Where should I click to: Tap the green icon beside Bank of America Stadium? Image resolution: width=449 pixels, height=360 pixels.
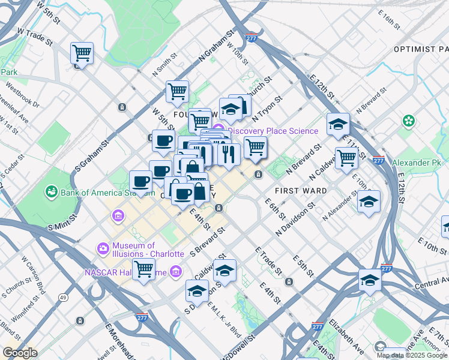(52, 193)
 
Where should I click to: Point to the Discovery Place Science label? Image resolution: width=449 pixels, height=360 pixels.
(273, 131)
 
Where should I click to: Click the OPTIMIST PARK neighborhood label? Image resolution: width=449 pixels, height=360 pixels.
(421, 49)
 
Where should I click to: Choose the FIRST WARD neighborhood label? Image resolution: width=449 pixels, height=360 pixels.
(300, 191)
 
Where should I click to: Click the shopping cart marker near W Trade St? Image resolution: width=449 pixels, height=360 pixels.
(82, 53)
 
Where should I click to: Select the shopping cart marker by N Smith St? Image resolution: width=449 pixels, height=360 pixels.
(178, 92)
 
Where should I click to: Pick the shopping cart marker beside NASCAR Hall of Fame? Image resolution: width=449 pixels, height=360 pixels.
(144, 269)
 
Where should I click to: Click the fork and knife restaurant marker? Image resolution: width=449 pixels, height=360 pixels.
(229, 154)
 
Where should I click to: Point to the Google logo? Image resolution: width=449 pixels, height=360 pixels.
(19, 353)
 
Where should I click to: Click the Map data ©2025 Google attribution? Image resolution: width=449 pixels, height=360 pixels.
(412, 355)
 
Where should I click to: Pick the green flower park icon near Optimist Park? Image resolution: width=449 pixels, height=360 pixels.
(409, 121)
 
